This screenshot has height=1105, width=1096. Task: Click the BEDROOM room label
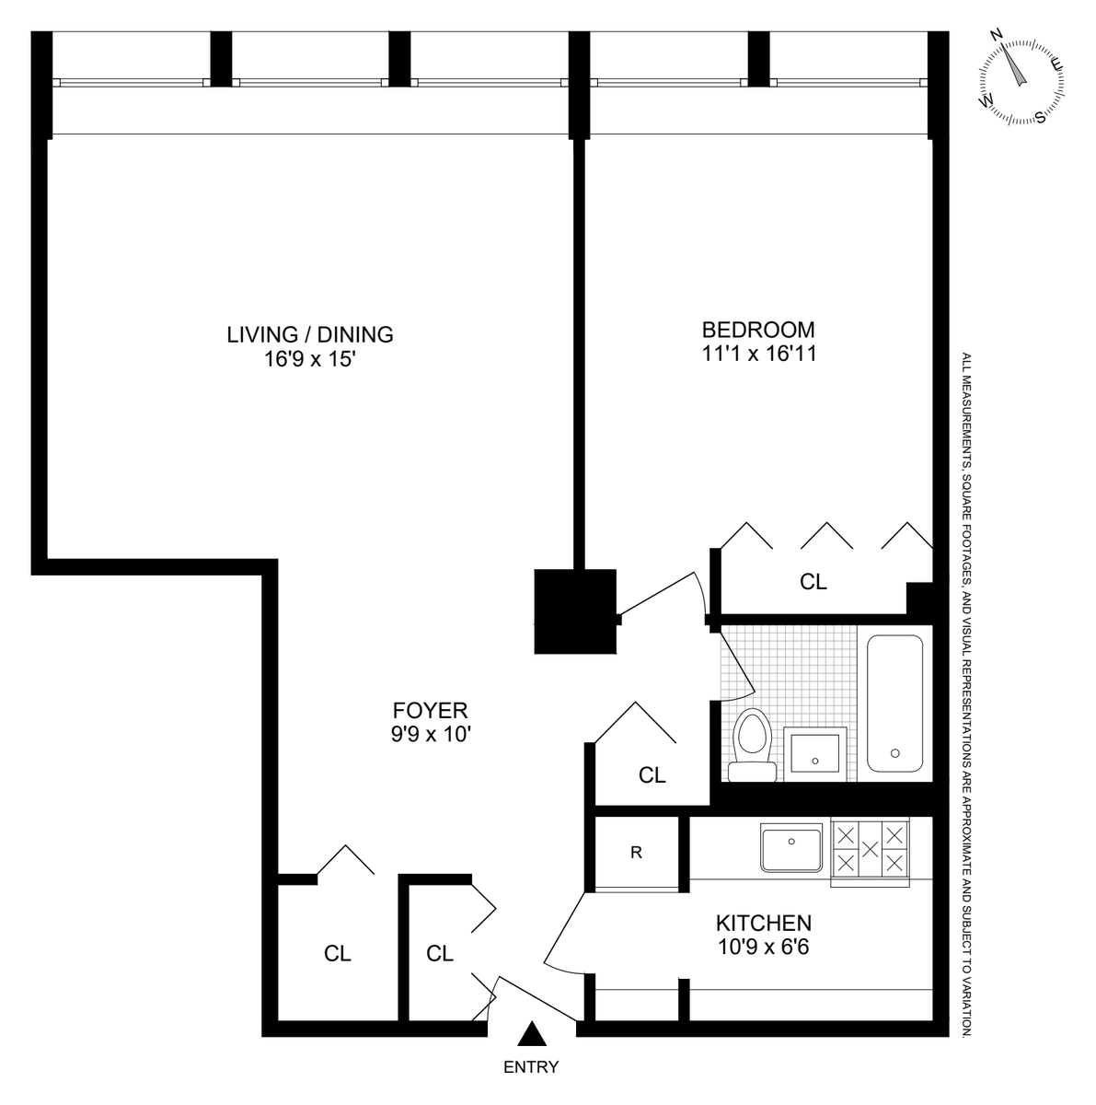757,330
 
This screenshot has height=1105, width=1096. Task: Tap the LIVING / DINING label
310,334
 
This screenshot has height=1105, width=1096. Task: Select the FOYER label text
430,711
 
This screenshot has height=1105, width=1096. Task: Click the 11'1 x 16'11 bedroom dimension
759,354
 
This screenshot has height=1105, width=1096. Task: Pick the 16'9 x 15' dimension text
310,359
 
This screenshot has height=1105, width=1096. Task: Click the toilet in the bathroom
752,745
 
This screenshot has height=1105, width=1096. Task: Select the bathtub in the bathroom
894,703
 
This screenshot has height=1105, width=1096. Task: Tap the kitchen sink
791,846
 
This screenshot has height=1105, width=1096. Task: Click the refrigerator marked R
636,853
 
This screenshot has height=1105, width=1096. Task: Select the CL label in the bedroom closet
813,582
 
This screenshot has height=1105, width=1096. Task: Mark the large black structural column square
575,611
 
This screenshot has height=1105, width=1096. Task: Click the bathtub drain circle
894,753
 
